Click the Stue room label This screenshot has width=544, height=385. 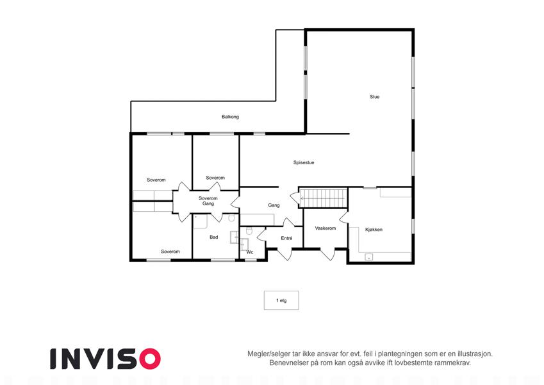click(374, 97)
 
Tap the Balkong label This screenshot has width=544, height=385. click(231, 117)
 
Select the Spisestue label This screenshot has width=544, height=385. click(304, 162)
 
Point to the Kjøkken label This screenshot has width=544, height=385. click(374, 229)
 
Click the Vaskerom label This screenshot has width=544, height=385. click(326, 228)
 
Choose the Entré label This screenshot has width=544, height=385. click(286, 238)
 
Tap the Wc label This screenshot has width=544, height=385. click(250, 252)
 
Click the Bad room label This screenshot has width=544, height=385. click(214, 237)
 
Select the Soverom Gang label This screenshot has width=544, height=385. click(208, 201)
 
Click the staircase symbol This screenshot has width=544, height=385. click(324, 198)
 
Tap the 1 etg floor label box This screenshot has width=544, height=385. click(281, 300)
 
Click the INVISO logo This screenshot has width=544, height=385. click(106, 359)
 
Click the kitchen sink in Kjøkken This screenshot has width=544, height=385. click(369, 257)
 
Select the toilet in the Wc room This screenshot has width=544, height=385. click(249, 231)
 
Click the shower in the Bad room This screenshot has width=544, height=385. click(200, 221)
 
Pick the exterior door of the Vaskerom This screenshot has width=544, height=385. click(328, 254)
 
